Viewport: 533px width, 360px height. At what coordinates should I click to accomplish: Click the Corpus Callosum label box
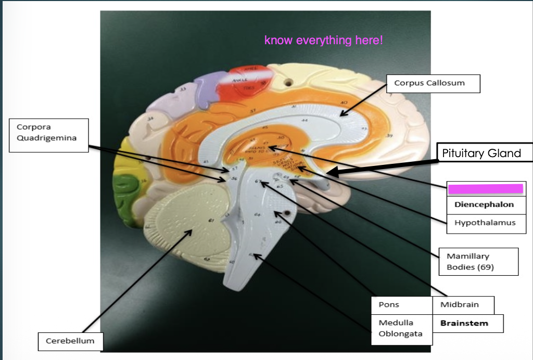(433, 83)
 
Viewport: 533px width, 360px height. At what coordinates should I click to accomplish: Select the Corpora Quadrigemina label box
(48, 135)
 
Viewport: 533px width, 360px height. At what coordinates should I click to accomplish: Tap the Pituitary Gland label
(481, 153)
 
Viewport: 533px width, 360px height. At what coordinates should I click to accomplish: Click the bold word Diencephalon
(484, 204)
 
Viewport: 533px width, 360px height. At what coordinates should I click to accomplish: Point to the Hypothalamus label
(485, 223)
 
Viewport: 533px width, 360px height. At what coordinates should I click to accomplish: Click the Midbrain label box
(463, 305)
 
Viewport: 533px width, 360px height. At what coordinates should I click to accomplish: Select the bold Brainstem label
(464, 323)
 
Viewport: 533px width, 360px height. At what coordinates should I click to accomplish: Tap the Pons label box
(401, 305)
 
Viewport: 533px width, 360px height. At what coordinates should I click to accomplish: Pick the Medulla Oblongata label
(401, 328)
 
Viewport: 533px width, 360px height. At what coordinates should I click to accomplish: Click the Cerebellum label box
(70, 341)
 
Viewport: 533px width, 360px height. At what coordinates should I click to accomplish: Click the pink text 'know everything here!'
(323, 40)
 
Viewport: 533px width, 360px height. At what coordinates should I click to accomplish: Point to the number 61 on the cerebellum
(211, 221)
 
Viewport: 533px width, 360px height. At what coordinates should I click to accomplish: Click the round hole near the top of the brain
(286, 82)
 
